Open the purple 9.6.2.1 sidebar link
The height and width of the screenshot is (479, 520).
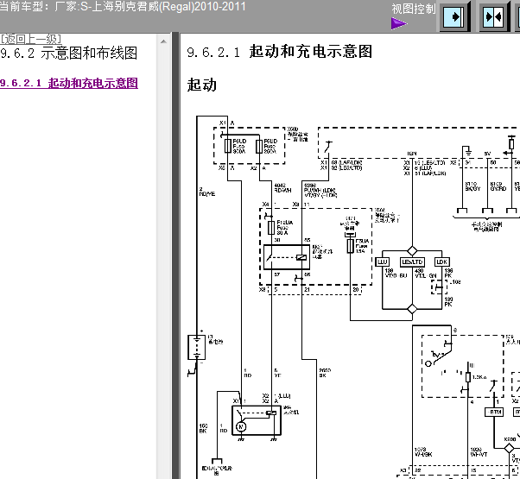[69, 84]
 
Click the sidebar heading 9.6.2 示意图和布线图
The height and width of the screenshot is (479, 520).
[69, 54]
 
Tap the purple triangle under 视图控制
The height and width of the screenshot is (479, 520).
[398, 23]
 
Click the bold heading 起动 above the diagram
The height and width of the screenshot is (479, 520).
[201, 85]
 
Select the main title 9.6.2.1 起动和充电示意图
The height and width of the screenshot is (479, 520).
[280, 52]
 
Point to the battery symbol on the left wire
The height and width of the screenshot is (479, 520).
[196, 347]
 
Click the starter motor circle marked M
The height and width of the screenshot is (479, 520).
[241, 426]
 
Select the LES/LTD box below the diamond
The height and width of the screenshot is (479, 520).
[413, 262]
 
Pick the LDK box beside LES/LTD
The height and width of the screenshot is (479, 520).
[441, 262]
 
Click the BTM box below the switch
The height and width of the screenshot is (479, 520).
[495, 413]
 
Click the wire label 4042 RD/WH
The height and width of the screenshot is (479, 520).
[281, 187]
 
